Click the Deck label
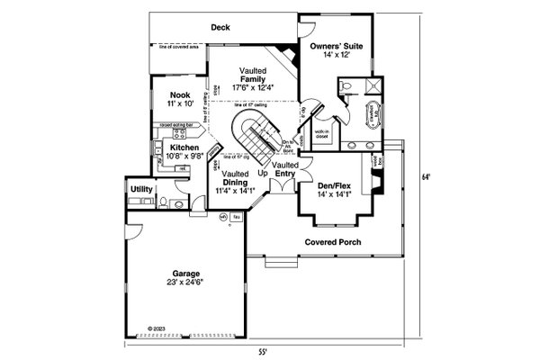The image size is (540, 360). pos(221,28)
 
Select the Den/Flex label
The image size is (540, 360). pos(334,185)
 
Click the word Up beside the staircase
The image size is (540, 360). pos(264,173)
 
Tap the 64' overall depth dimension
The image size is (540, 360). pos(437,177)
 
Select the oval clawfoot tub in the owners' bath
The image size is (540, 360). pos(370,115)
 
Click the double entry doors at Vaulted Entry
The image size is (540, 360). pos(286,184)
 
